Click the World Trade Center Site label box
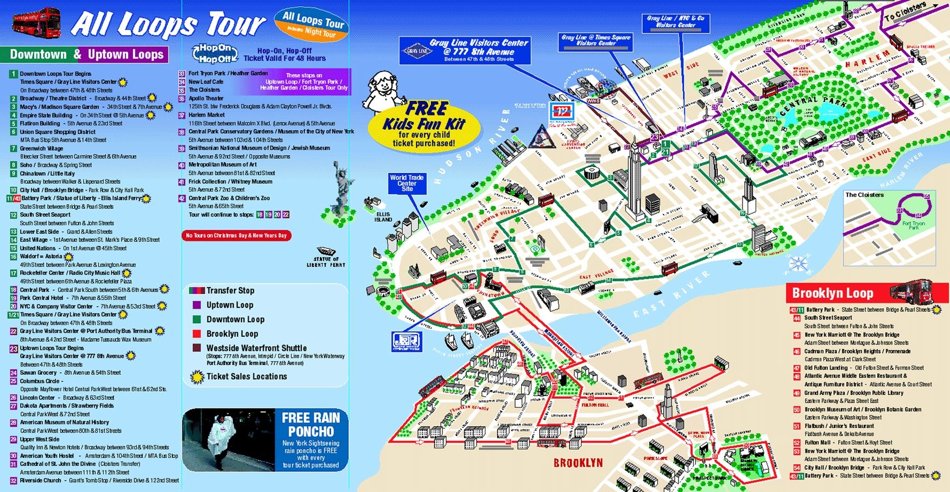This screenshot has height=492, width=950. (x=407, y=183)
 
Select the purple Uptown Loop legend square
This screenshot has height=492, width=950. (x=197, y=305)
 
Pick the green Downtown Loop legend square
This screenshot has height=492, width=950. (x=197, y=320)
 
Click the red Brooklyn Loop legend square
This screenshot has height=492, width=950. (x=197, y=334)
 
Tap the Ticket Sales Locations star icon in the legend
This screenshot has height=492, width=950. (x=197, y=376)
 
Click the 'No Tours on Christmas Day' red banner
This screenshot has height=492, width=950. (x=236, y=235)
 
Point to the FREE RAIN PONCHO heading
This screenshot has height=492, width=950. (x=311, y=424)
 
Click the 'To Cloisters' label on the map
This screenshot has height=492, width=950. (x=904, y=12)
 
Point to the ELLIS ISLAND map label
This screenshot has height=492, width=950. (x=383, y=217)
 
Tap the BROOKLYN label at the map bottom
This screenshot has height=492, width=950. (x=578, y=463)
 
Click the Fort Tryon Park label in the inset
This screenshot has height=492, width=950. (x=913, y=225)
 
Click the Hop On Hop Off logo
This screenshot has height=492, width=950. (x=215, y=53)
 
